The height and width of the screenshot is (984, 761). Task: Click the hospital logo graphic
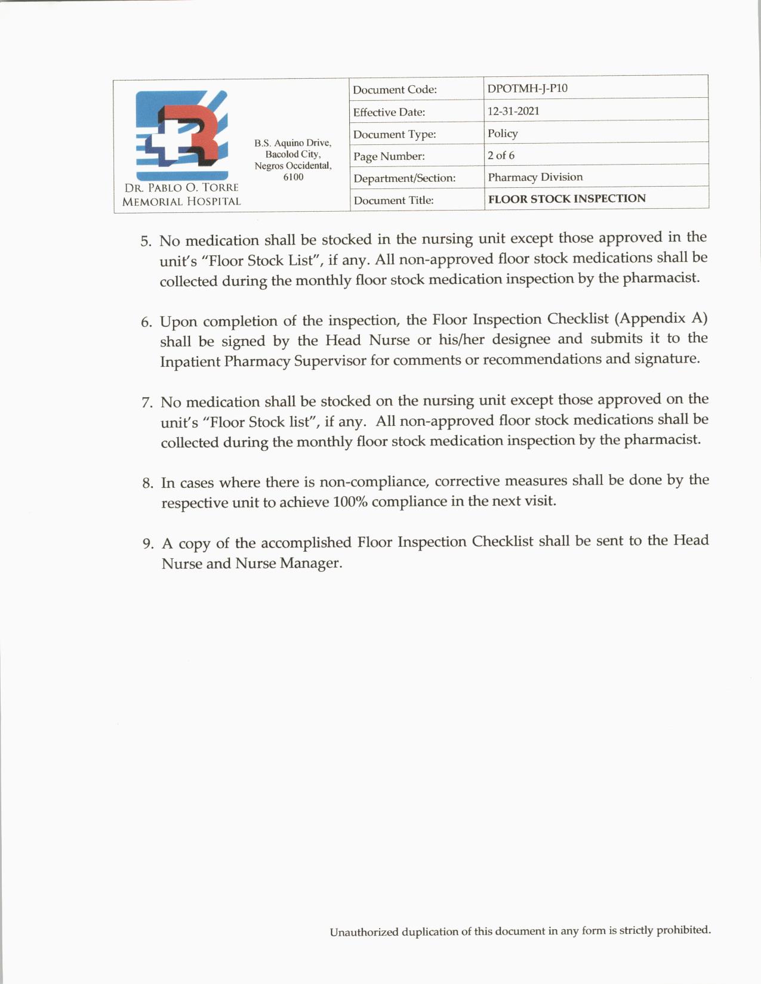click(x=181, y=135)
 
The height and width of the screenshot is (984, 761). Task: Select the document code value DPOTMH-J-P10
click(x=527, y=88)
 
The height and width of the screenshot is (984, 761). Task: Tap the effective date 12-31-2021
click(x=513, y=111)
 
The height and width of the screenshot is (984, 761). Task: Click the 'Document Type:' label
click(x=395, y=134)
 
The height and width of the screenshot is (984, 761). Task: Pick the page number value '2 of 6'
click(x=501, y=155)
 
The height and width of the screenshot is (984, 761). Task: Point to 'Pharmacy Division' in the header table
click(x=535, y=177)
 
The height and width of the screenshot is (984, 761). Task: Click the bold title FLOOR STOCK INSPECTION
click(x=566, y=199)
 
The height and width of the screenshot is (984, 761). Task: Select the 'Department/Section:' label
click(x=404, y=178)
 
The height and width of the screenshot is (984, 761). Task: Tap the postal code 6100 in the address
click(x=293, y=177)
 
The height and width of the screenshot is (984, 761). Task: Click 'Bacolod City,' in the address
click(x=293, y=154)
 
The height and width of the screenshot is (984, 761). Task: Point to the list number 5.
click(x=146, y=242)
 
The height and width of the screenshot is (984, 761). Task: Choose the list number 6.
click(x=147, y=323)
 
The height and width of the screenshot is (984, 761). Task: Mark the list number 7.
click(x=147, y=403)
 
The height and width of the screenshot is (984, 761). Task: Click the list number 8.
click(x=148, y=484)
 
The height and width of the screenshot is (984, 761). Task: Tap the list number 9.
click(x=149, y=544)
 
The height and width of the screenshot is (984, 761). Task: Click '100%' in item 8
click(x=344, y=502)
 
